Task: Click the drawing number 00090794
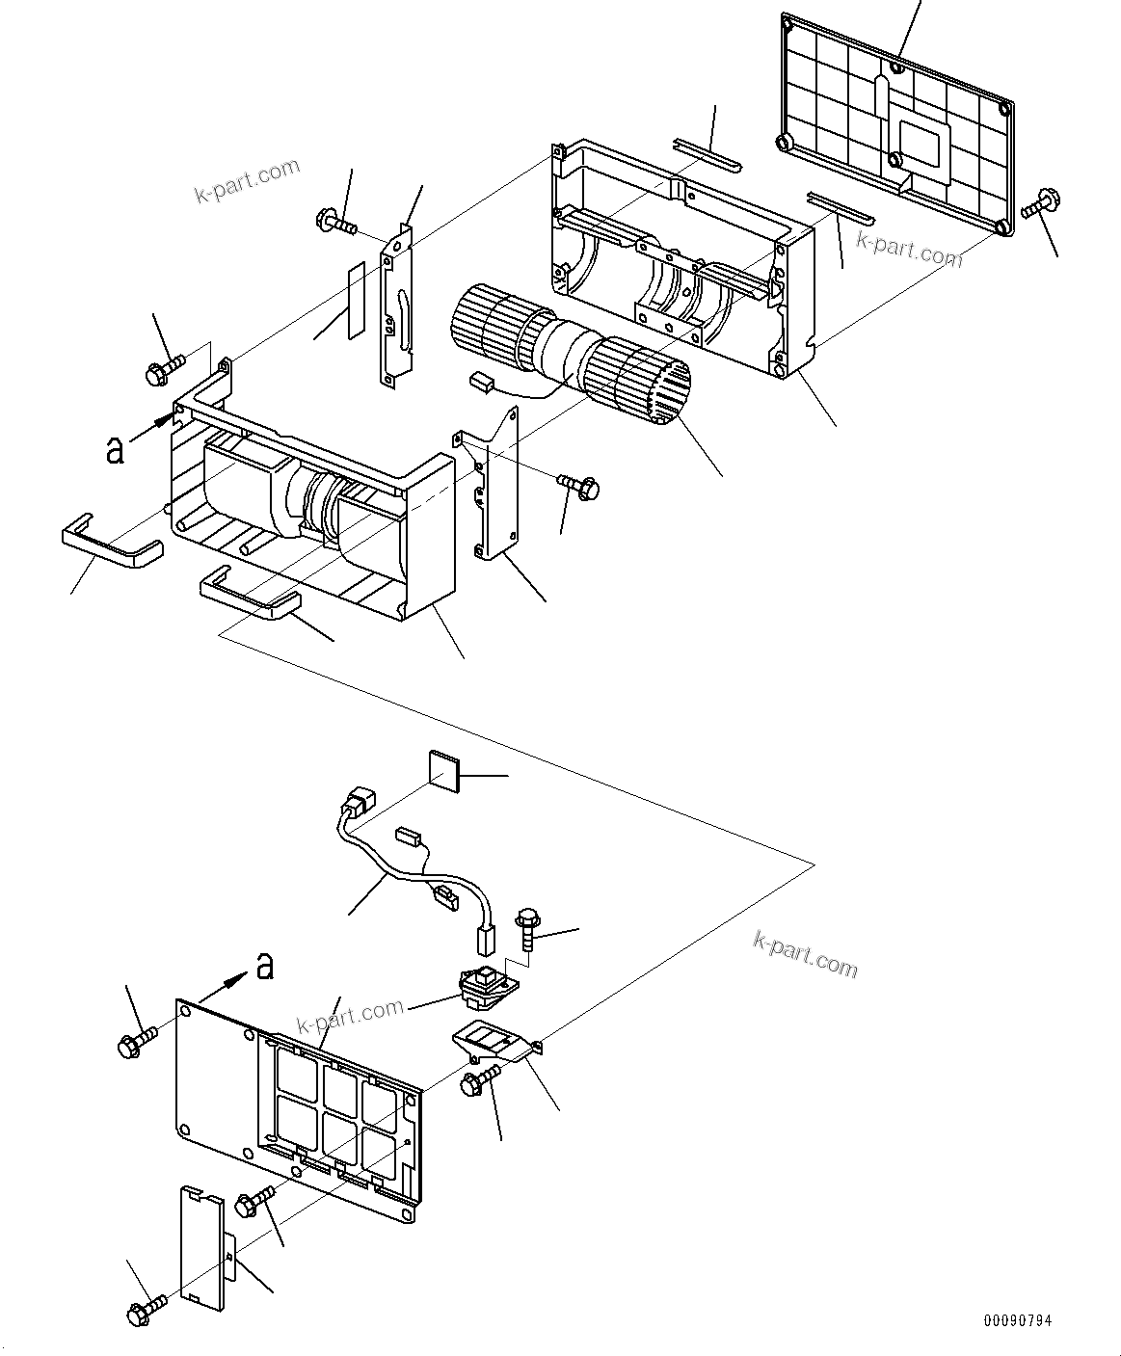tap(1018, 1318)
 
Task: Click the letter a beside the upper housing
tap(115, 450)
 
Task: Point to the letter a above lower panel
tap(264, 966)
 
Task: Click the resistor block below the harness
tap(486, 983)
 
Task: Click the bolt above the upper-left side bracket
tap(334, 223)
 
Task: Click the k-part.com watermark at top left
tap(247, 182)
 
